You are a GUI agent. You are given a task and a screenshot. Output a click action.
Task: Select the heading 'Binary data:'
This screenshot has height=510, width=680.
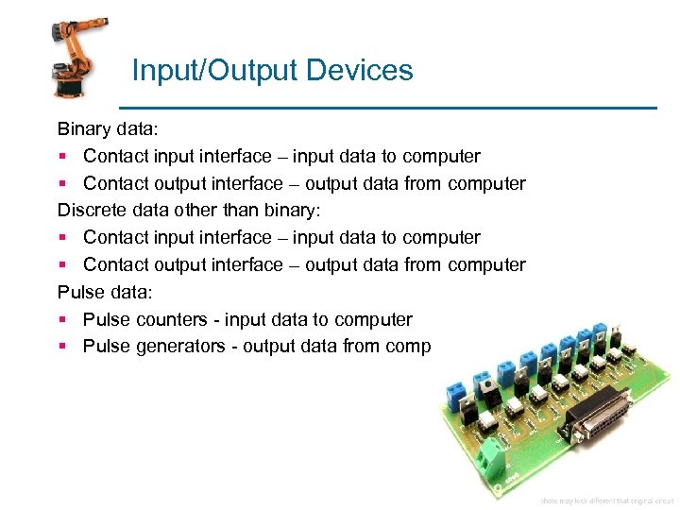[x=101, y=128]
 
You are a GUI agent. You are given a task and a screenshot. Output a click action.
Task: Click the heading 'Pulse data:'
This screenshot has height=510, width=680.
[x=93, y=292]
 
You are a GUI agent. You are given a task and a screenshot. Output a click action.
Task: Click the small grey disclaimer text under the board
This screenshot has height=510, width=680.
[x=604, y=500]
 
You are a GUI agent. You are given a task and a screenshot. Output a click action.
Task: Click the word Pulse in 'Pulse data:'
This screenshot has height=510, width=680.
[x=79, y=292]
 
